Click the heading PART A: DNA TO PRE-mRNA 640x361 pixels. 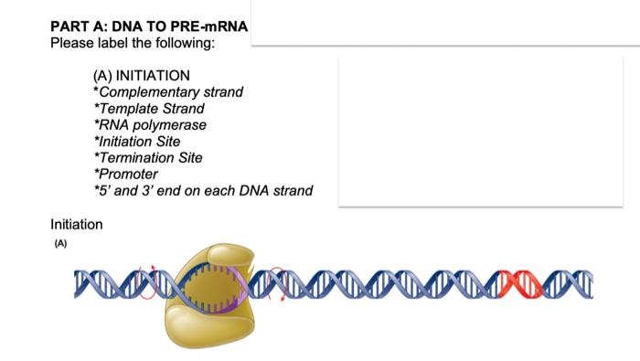149,27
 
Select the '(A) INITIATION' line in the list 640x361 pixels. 142,75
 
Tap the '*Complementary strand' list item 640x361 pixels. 168,91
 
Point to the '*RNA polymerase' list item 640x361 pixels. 150,124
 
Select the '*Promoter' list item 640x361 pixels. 126,174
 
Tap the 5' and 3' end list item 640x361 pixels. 203,190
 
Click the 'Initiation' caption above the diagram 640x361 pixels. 77,224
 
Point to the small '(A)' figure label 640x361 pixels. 61,244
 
